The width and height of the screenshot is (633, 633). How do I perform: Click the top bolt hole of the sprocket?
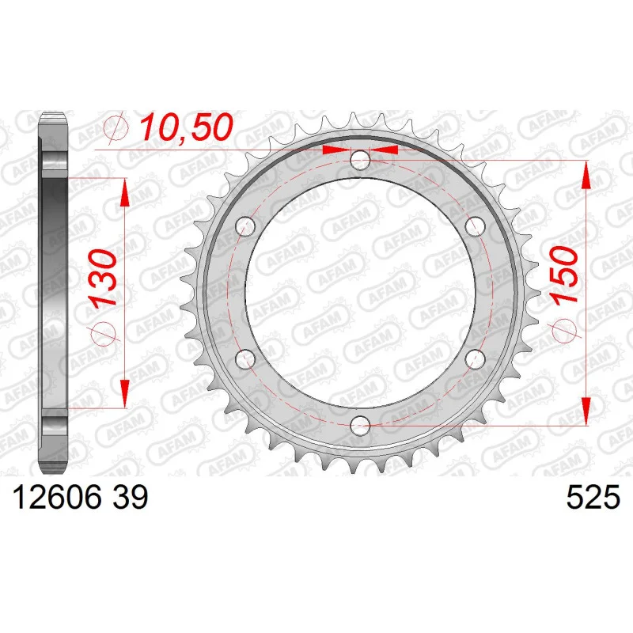[360, 161]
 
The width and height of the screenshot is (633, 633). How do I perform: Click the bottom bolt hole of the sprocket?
[360, 425]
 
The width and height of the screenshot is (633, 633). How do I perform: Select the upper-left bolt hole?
[245, 226]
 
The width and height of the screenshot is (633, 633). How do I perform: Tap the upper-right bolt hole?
[475, 226]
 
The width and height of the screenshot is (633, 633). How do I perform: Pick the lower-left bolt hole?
[245, 359]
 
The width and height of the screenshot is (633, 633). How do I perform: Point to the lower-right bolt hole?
[475, 359]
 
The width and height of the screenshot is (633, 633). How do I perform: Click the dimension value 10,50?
[186, 127]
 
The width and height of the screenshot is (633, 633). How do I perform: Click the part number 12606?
[57, 497]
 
